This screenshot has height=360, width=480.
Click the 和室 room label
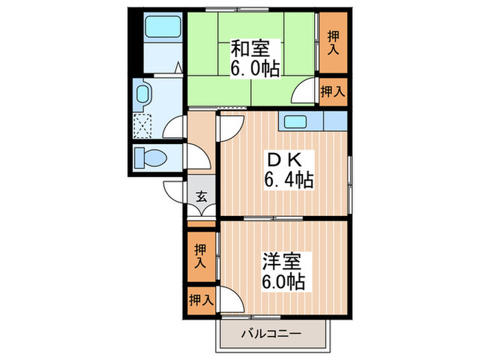pyautogui.click(x=250, y=49)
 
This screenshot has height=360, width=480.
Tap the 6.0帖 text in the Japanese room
pyautogui.click(x=254, y=69)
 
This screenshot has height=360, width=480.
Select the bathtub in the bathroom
pyautogui.click(x=162, y=28)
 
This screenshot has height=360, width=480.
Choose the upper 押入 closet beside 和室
pyautogui.click(x=333, y=43)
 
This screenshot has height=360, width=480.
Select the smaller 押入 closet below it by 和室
pyautogui.click(x=333, y=91)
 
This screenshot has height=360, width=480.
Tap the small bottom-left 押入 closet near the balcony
pyautogui.click(x=200, y=299)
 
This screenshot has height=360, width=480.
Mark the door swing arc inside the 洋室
pyautogui.click(x=232, y=300)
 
